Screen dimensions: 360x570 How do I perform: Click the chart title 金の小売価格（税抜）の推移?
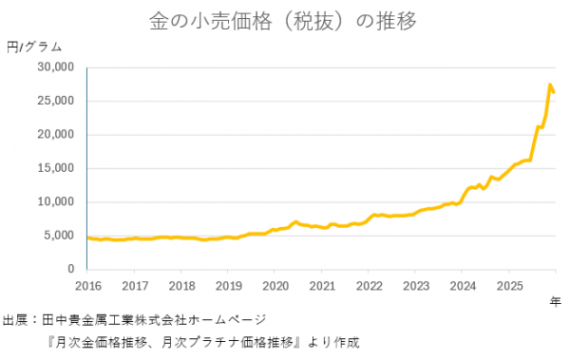[283, 20]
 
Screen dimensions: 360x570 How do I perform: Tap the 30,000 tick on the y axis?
[56, 67]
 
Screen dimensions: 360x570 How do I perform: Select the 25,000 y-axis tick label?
[56, 101]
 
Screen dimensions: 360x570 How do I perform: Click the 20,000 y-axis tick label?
[56, 135]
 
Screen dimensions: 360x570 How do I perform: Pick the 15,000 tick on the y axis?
[56, 168]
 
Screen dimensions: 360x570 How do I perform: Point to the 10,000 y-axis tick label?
[56, 202]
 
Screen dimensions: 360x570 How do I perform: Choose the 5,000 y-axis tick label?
[59, 236]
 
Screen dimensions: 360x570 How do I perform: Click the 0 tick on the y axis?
[70, 270]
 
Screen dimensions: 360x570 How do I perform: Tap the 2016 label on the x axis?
[87, 285]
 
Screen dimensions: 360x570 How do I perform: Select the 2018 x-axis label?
[181, 285]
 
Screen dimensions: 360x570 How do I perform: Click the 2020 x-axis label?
[275, 285]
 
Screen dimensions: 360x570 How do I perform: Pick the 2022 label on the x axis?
[369, 285]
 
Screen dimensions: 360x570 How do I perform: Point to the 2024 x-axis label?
[463, 285]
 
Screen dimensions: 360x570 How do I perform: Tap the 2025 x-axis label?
[509, 285]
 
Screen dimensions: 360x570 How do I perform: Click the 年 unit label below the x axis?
[556, 301]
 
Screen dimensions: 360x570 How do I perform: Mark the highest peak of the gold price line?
[550, 85]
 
